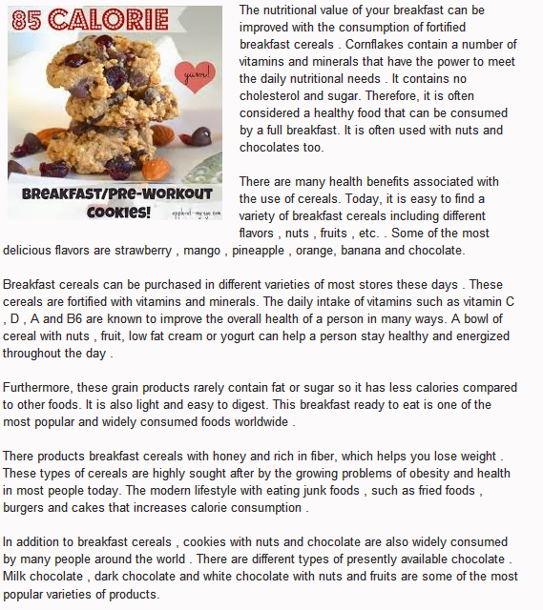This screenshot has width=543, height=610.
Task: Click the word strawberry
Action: click(204, 251)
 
